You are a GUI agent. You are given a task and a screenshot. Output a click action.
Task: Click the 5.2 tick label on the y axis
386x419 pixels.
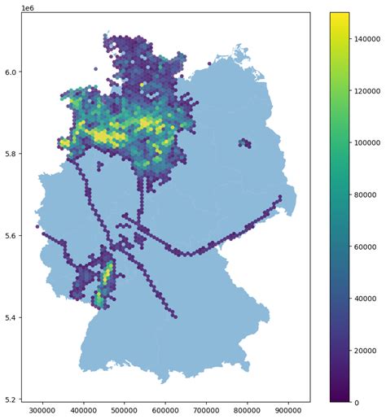click(x=11, y=399)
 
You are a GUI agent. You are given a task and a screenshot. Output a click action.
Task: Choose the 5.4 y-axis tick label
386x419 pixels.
click(x=11, y=317)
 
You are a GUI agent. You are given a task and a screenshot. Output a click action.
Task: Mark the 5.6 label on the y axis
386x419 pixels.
click(x=11, y=235)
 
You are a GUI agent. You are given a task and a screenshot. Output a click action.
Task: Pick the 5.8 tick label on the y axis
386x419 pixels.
click(x=11, y=153)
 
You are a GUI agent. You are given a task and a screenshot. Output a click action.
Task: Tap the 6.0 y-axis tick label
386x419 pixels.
click(x=11, y=72)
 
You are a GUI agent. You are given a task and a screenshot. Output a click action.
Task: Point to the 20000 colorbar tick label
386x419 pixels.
click(x=368, y=350)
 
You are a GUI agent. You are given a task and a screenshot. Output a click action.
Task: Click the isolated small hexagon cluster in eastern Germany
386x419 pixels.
click(x=244, y=143)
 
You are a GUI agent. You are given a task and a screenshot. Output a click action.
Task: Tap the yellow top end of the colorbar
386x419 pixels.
click(x=340, y=15)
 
